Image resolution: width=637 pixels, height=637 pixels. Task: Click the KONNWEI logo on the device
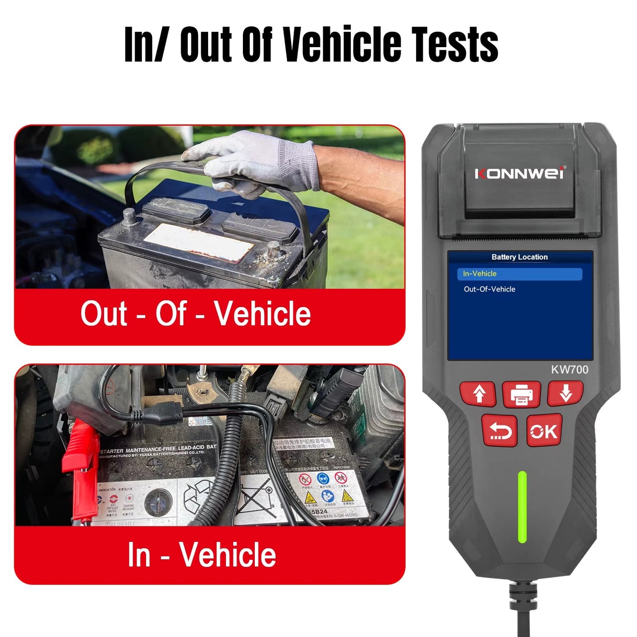520,173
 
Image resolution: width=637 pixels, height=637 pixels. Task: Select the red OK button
544,431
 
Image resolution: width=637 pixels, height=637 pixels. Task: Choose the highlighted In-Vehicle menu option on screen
519,274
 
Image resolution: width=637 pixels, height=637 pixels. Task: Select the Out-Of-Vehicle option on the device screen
489,289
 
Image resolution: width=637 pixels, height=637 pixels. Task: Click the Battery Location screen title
519,257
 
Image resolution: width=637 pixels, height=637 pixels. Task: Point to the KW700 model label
569,369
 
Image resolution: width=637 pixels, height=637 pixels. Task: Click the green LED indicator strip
522,507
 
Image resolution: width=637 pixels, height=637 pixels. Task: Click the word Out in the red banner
104,313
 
